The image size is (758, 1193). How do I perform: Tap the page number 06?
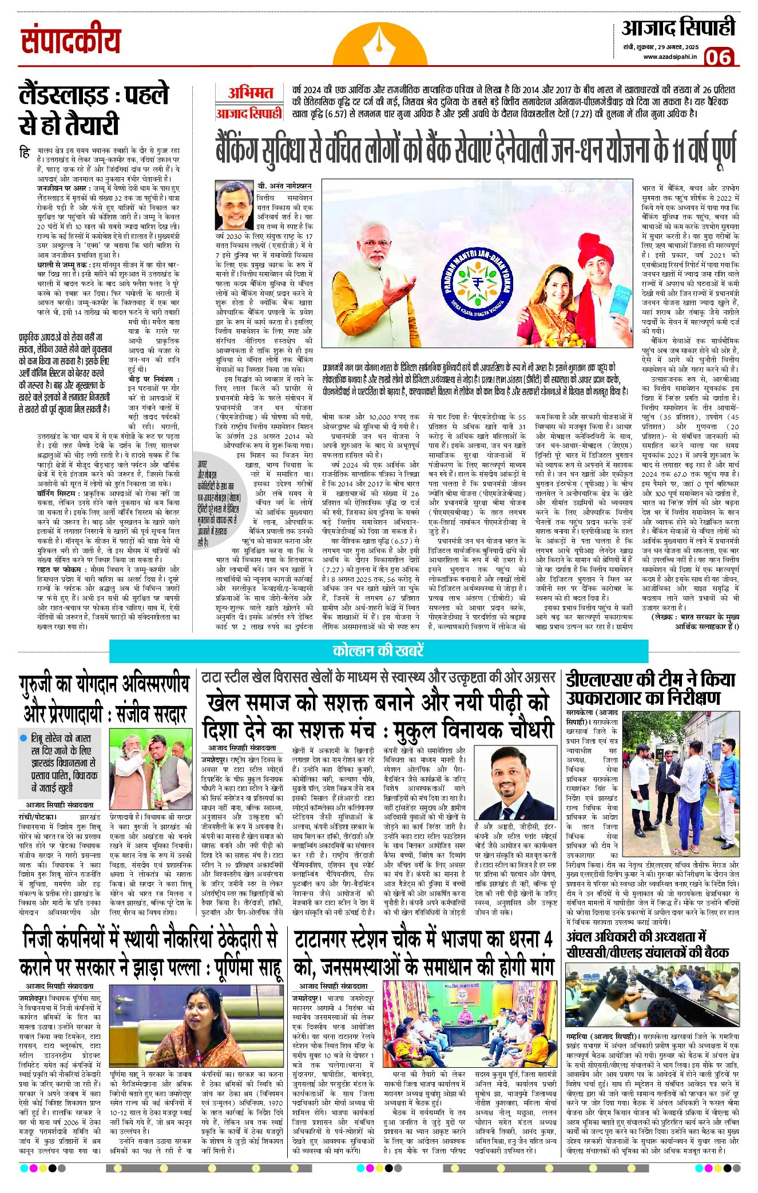point(718,57)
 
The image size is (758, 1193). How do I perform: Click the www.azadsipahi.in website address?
point(669,56)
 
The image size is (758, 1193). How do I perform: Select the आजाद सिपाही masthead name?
point(678,27)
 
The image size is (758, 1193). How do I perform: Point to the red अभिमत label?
point(250,93)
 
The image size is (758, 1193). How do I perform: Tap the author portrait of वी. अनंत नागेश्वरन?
point(234,205)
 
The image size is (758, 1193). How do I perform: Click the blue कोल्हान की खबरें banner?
point(378,651)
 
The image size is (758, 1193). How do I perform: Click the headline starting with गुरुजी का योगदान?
point(105,698)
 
